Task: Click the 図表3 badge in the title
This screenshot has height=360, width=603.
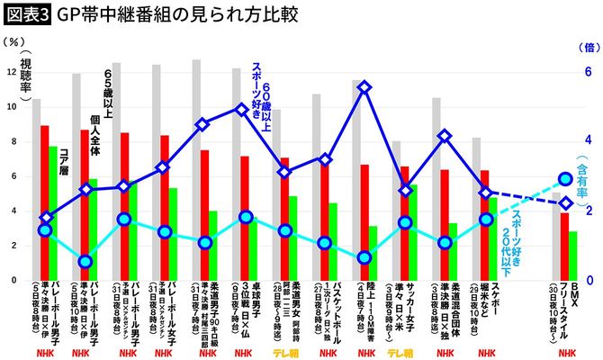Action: pos(27,15)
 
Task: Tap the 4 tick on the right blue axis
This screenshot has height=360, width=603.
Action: pos(589,140)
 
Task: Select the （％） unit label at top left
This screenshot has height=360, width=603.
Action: pos(13,40)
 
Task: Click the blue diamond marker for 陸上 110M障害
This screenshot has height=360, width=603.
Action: pos(364,87)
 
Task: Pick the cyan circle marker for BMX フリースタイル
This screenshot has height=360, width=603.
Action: pos(564,180)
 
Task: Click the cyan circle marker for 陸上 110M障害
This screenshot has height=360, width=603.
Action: pos(364,257)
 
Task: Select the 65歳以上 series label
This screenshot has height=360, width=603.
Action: pos(109,89)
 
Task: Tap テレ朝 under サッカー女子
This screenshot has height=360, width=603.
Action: pos(403,353)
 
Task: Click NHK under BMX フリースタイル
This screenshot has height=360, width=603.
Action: pos(566,353)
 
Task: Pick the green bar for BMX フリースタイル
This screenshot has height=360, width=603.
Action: pos(572,256)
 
